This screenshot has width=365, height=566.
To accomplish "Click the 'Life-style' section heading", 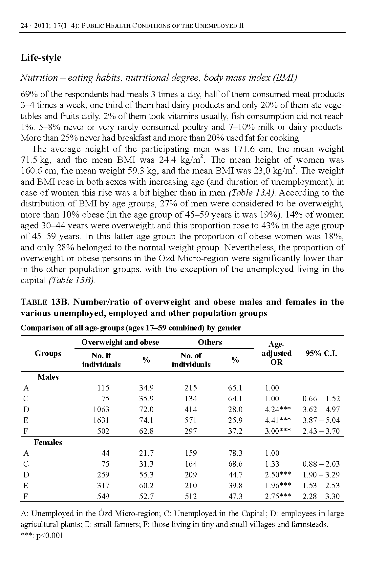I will click(41, 58).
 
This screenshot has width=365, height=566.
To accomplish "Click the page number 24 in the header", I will click(24, 26).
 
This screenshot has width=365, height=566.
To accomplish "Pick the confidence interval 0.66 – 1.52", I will click(321, 399).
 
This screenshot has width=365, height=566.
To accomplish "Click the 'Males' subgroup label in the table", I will click(48, 377).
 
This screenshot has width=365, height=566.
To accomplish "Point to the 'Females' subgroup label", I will click(48, 442).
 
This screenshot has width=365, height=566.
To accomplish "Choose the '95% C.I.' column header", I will click(321, 353).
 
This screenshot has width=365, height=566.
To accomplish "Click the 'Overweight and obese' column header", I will click(120, 342).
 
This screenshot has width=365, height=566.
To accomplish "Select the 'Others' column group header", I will click(210, 342).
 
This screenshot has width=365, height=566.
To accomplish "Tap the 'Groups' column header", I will click(48, 353).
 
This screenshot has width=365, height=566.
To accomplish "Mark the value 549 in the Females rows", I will click(103, 496).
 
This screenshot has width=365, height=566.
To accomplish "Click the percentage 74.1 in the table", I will click(146, 420).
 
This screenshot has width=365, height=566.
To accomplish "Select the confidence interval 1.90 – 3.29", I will click(321, 475).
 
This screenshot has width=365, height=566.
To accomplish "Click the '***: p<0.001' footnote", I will click(42, 536).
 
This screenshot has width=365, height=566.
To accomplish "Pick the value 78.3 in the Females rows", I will click(235, 453).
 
